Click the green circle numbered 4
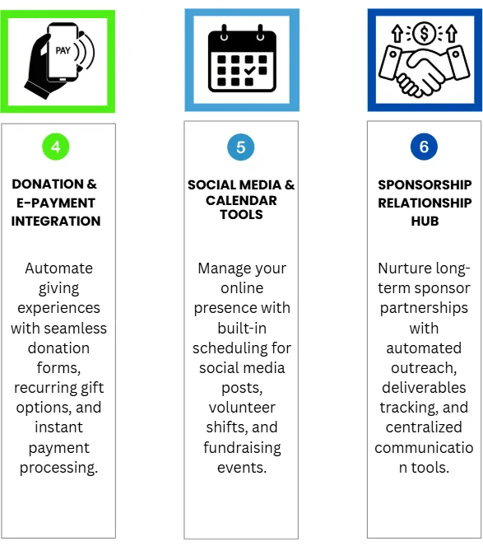[x=56, y=147]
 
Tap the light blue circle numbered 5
[x=241, y=147]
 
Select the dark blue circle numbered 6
[x=424, y=147]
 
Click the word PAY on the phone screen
[x=63, y=51]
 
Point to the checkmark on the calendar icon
[x=249, y=70]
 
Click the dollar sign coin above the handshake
[x=425, y=34]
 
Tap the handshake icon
[x=425, y=71]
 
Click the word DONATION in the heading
[x=48, y=184]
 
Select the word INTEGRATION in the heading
[x=56, y=221]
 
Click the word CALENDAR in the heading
[x=241, y=201]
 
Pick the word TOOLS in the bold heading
[x=241, y=214]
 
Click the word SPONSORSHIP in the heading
[x=425, y=184]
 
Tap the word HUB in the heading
[x=425, y=221]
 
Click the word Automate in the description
[x=58, y=268]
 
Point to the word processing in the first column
[x=58, y=468]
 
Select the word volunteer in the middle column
[x=242, y=408]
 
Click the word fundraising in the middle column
[x=242, y=448]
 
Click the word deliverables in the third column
[x=424, y=388]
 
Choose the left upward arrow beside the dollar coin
[x=397, y=34]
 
